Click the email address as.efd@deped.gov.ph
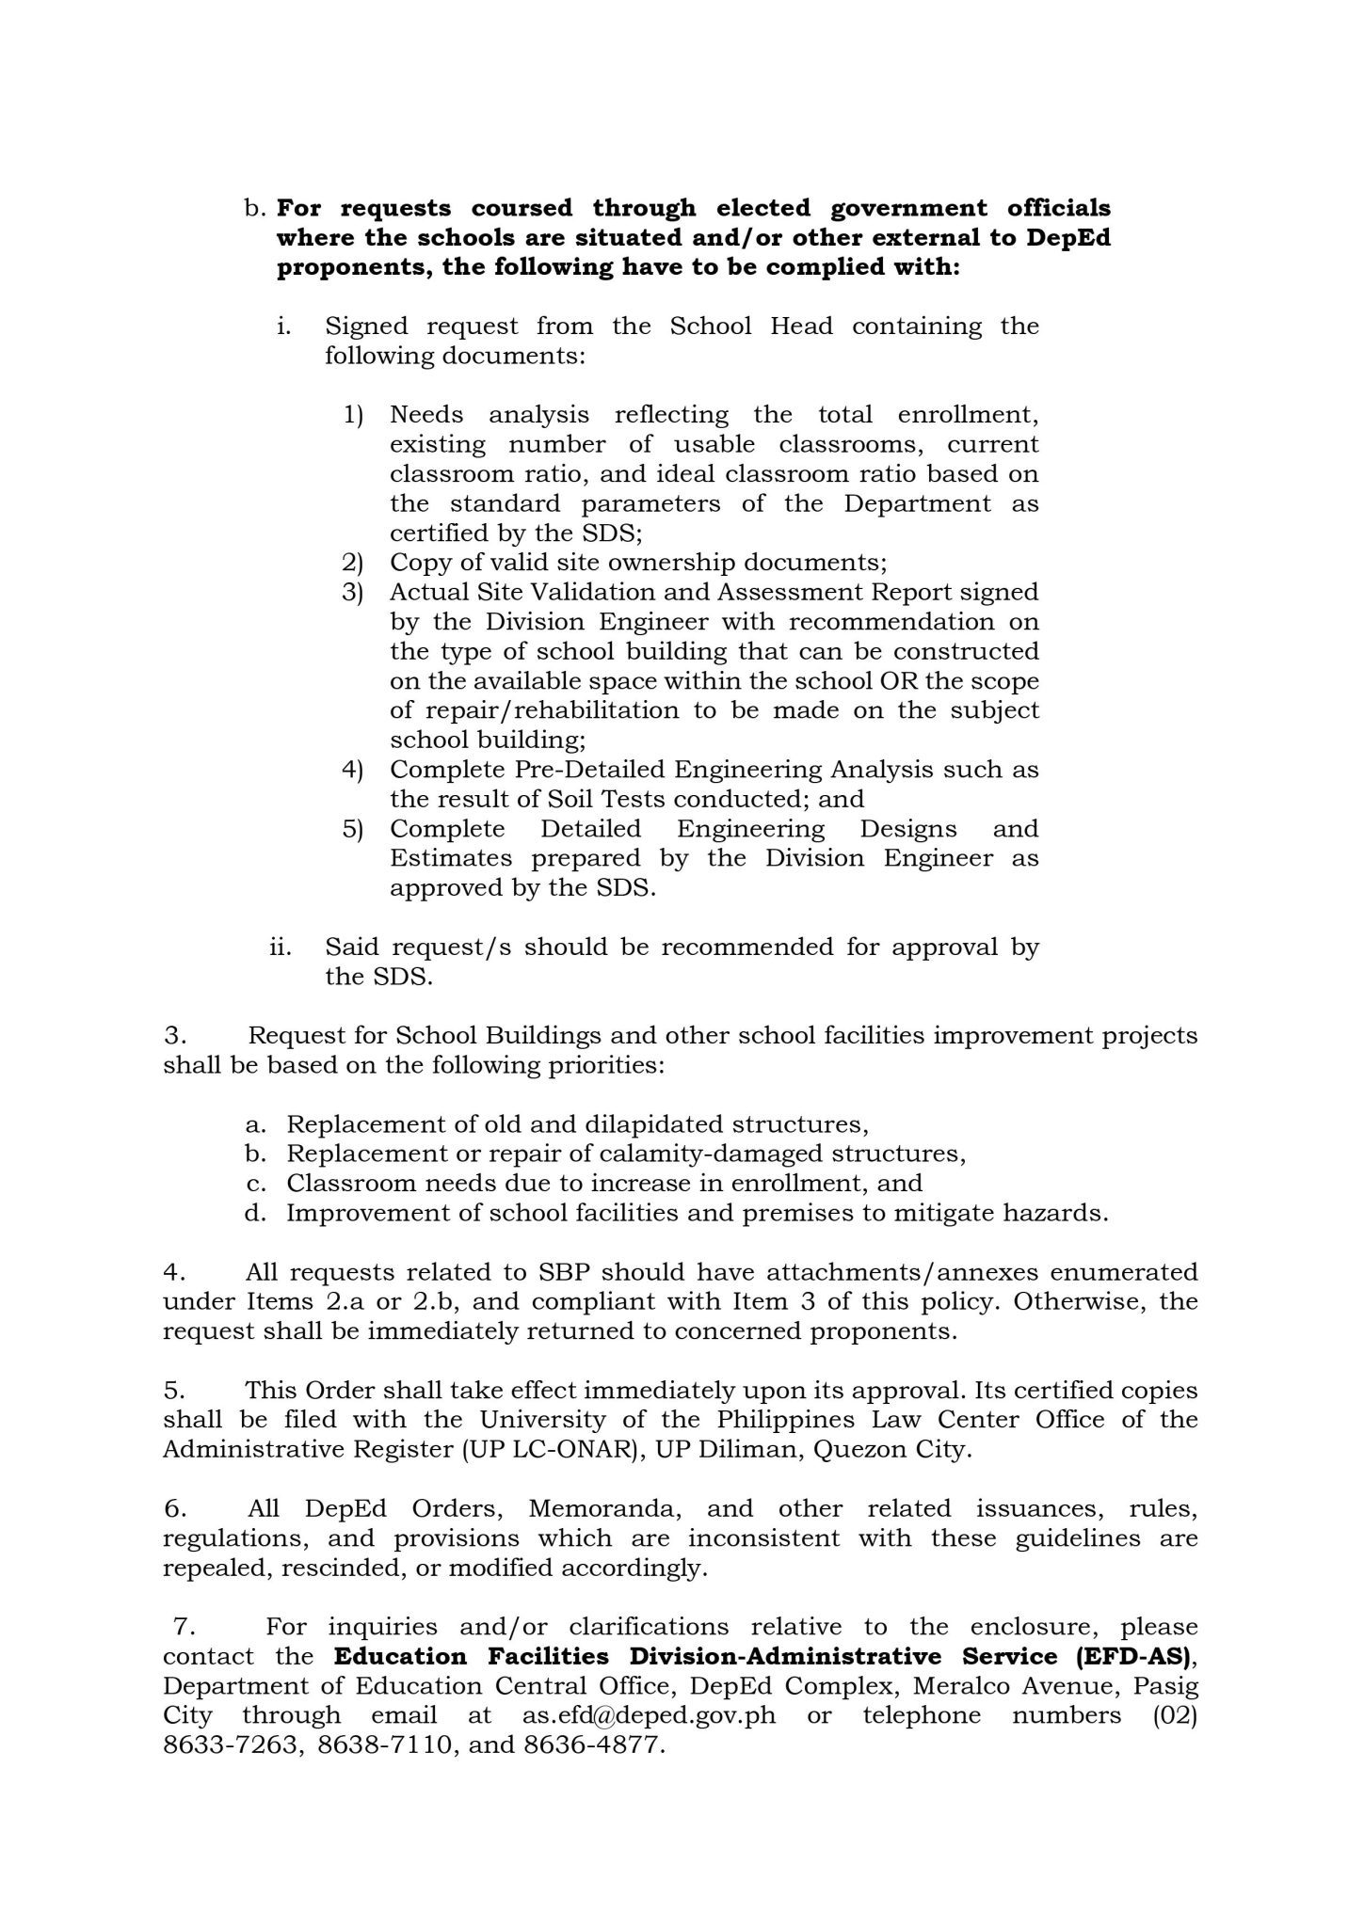click(649, 1715)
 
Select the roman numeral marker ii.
click(281, 948)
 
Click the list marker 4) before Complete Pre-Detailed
click(353, 770)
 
